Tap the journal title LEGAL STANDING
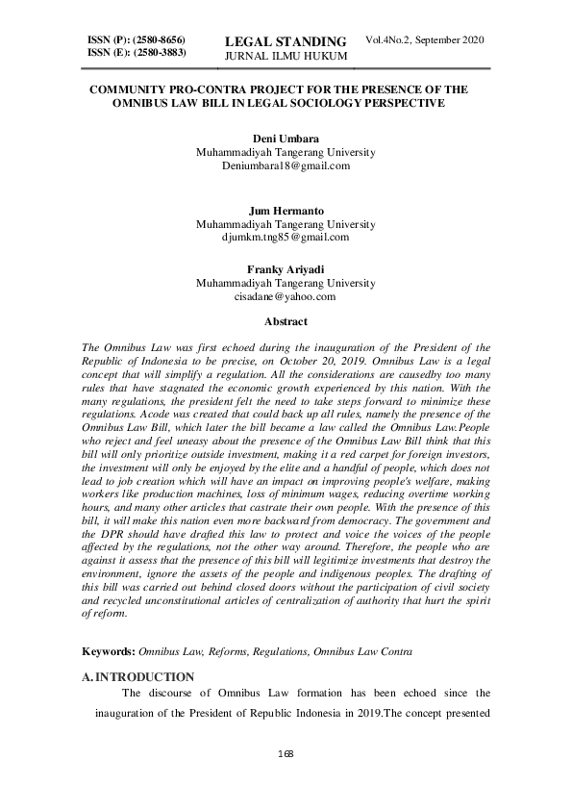point(285,41)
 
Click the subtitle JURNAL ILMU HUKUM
point(285,58)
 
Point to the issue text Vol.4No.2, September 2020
point(424,39)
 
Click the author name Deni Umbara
point(286,139)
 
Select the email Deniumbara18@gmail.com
point(286,165)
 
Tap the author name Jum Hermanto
point(286,209)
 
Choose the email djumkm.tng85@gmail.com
point(286,236)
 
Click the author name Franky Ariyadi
point(286,270)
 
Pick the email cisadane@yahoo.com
point(286,297)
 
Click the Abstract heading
point(286,321)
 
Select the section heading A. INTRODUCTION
point(138,676)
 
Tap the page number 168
point(286,751)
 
